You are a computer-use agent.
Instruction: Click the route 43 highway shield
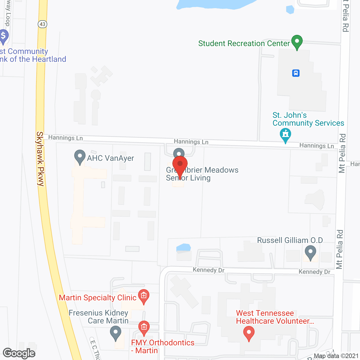[42, 24]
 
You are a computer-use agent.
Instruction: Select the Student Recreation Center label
[244, 44]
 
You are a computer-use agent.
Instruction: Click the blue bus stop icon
[296, 73]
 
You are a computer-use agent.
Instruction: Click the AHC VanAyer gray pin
[80, 157]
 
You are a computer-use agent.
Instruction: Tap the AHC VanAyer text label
[111, 158]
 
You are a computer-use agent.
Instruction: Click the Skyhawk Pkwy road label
[40, 159]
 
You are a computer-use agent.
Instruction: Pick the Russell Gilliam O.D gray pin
[310, 252]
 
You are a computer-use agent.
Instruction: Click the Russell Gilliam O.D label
[290, 240]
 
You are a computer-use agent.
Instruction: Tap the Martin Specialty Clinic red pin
[144, 296]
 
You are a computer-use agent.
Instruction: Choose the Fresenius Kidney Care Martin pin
[115, 333]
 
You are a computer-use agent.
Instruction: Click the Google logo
[19, 353]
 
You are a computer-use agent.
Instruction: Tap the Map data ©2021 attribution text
[336, 356]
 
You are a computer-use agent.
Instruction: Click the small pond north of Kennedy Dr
[183, 247]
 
